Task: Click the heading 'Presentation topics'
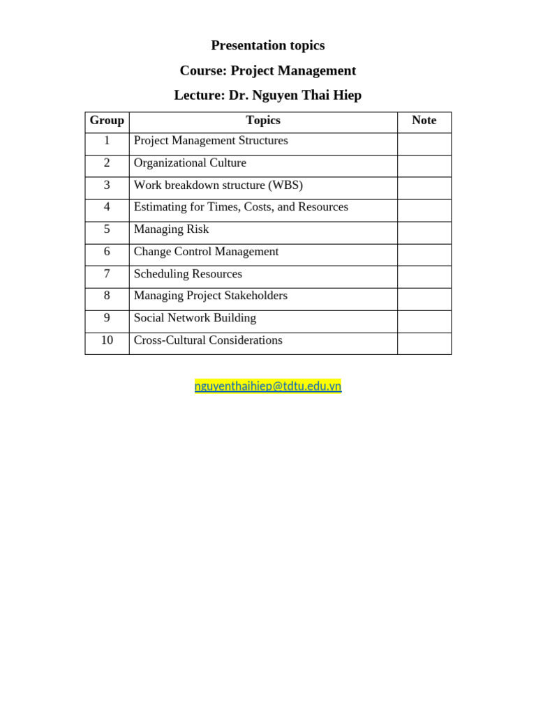point(268,46)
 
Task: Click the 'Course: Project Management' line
point(268,71)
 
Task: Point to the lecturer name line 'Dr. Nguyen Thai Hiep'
point(268,96)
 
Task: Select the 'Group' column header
point(107,121)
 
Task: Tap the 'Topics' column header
point(263,121)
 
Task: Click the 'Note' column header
point(424,121)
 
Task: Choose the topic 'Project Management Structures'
point(211,141)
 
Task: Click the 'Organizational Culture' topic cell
point(190,163)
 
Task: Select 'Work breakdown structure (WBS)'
point(218,185)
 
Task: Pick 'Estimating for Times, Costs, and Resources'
point(241,207)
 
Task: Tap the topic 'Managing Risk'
point(171,229)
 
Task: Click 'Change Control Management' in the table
point(206,252)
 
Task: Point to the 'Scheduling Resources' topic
point(188,274)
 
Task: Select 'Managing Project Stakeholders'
point(211,296)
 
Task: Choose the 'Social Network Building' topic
point(195,318)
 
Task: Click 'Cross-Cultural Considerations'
point(208,340)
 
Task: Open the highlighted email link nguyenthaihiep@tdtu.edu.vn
point(268,386)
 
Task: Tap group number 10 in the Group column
point(107,340)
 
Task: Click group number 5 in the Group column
point(107,229)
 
